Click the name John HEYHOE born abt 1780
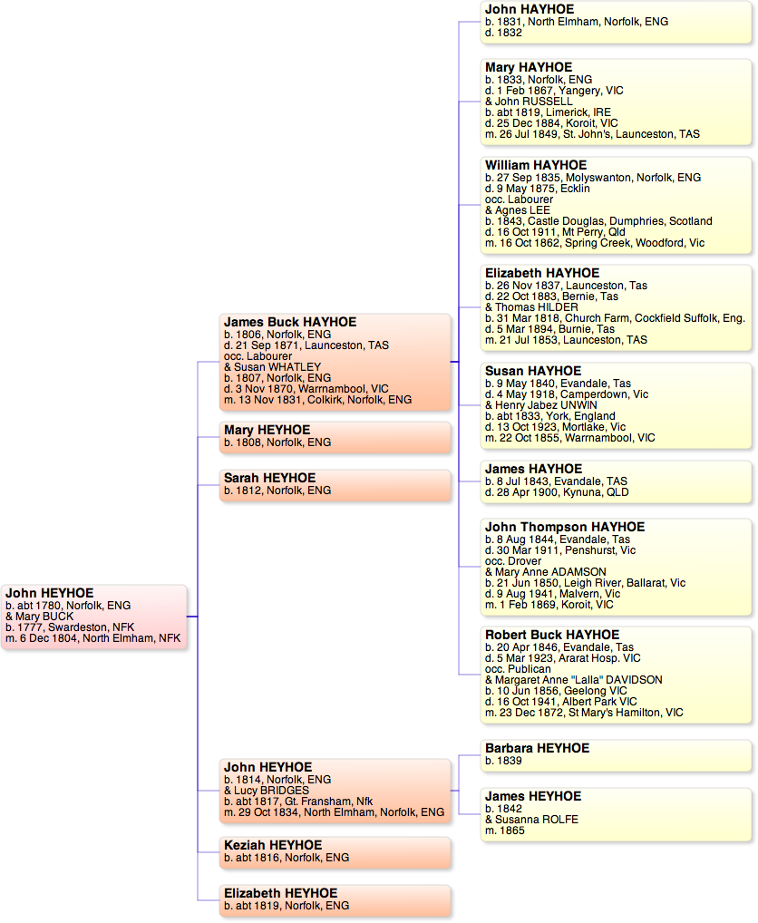click(x=49, y=593)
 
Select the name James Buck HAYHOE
click(x=290, y=322)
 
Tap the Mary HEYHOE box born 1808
click(x=335, y=436)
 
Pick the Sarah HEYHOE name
click(x=269, y=478)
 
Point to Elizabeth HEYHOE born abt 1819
click(x=280, y=893)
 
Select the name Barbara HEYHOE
click(x=537, y=748)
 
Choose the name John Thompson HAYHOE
click(x=565, y=527)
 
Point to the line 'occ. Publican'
click(x=518, y=669)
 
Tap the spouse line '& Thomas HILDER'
click(x=531, y=307)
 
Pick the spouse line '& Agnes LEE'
click(x=517, y=210)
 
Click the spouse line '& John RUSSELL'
click(x=529, y=102)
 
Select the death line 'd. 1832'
click(x=503, y=33)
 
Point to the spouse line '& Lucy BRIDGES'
click(x=267, y=791)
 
